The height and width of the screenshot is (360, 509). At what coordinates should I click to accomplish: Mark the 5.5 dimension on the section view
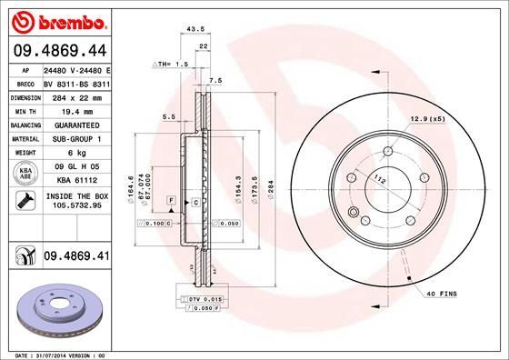pyautogui.click(x=168, y=116)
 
